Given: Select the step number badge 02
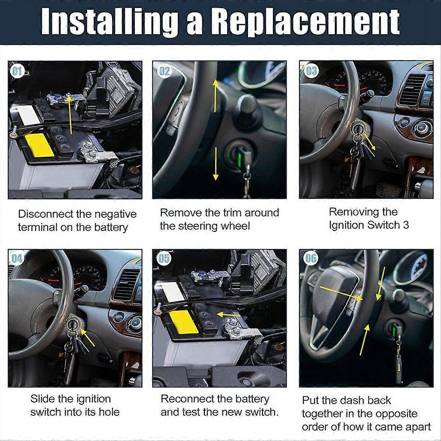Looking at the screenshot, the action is (x=164, y=71).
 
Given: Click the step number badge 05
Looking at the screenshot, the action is (x=164, y=258).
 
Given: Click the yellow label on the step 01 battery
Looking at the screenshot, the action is (x=40, y=145).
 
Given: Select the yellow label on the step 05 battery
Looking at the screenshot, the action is (x=184, y=322).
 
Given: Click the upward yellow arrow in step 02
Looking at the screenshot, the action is (x=215, y=96).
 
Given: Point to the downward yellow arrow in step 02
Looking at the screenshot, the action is (x=216, y=164).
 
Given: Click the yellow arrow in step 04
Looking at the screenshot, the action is (x=87, y=338).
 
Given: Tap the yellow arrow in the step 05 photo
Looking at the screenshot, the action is (x=228, y=315).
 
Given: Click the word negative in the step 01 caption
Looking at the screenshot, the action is (x=115, y=214).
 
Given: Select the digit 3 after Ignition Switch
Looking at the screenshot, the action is (x=405, y=225).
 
